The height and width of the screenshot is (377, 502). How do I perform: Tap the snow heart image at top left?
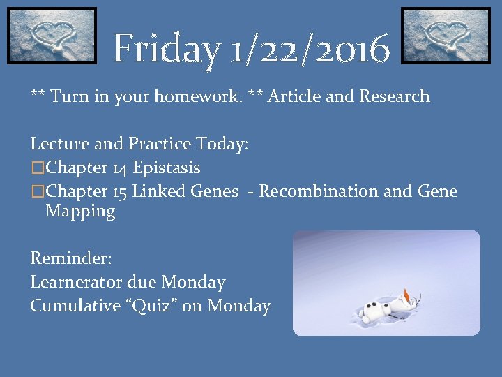point(52,36)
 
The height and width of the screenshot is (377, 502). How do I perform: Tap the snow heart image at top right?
point(446,36)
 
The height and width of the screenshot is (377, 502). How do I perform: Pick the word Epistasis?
point(167,168)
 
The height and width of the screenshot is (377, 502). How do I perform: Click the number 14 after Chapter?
point(119,168)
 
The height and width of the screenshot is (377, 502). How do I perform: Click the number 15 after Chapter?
point(119,191)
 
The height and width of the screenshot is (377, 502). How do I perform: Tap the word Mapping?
point(80,212)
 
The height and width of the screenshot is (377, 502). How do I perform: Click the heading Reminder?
point(70,258)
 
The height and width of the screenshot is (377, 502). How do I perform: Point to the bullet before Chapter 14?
point(37,168)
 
